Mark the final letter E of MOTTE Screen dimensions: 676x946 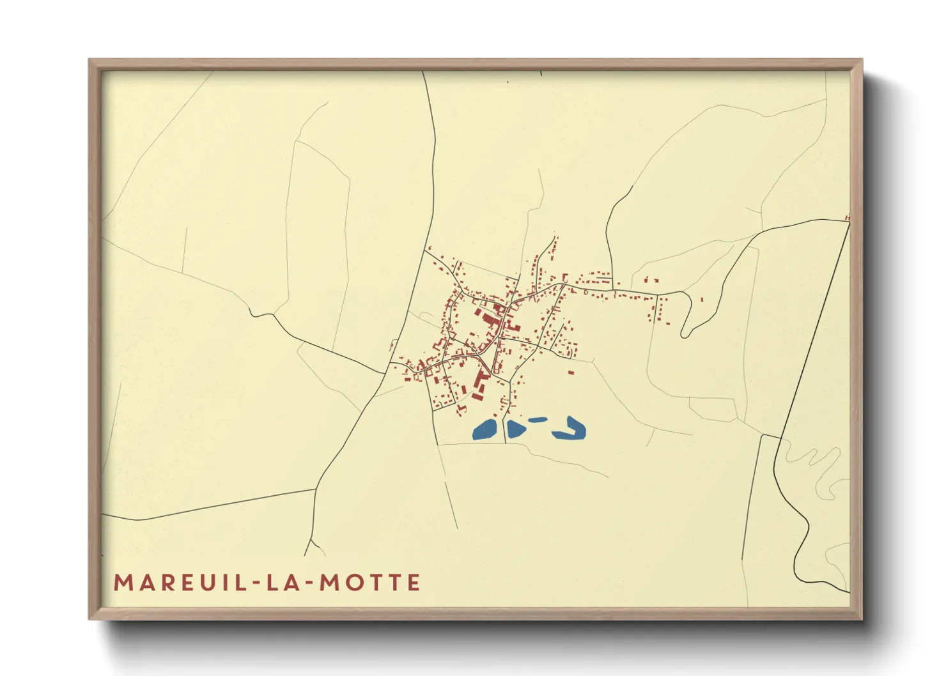(414, 583)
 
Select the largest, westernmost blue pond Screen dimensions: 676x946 (486, 429)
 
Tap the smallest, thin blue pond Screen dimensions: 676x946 (538, 420)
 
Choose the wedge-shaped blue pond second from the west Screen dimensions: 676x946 (515, 428)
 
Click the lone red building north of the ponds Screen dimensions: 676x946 (571, 373)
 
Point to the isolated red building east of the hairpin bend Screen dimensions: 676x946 (702, 299)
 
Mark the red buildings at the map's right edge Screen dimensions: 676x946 (848, 218)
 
